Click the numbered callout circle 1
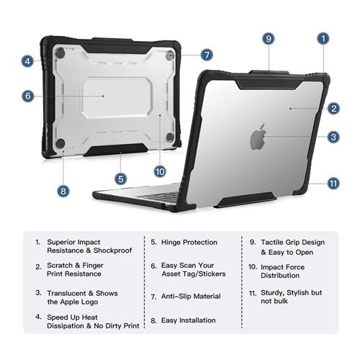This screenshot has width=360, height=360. [x=323, y=39]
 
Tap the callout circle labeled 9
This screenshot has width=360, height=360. [x=269, y=39]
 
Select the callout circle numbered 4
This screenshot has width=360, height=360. [x=27, y=61]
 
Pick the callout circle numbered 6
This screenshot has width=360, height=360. [x=28, y=96]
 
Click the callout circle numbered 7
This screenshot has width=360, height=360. [x=207, y=55]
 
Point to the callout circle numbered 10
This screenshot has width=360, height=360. [x=160, y=171]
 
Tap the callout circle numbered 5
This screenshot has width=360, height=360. [x=120, y=179]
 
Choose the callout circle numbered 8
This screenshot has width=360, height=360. [x=63, y=191]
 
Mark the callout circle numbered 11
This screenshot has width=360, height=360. [x=333, y=184]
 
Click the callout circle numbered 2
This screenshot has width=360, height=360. [x=333, y=109]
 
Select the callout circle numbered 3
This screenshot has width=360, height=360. [x=333, y=137]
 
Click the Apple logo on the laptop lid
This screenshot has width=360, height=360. [x=258, y=137]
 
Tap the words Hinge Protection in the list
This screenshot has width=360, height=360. [x=189, y=243]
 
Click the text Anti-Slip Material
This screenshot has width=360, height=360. [x=191, y=297]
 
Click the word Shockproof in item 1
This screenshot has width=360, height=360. [x=112, y=251]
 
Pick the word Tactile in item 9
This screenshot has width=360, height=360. [x=271, y=243]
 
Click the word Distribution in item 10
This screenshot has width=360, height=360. [x=280, y=276]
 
